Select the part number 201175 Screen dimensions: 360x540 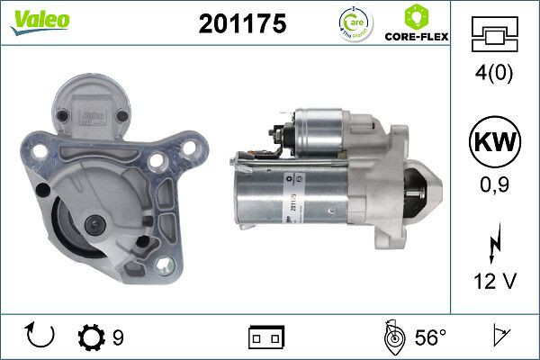(241, 24)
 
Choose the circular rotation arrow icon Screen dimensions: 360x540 (41, 337)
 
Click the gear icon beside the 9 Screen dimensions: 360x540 (92, 337)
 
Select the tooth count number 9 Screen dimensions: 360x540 (118, 338)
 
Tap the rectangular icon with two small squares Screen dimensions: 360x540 (266, 338)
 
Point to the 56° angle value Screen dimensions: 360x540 (430, 338)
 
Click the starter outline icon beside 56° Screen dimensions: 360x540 (392, 337)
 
